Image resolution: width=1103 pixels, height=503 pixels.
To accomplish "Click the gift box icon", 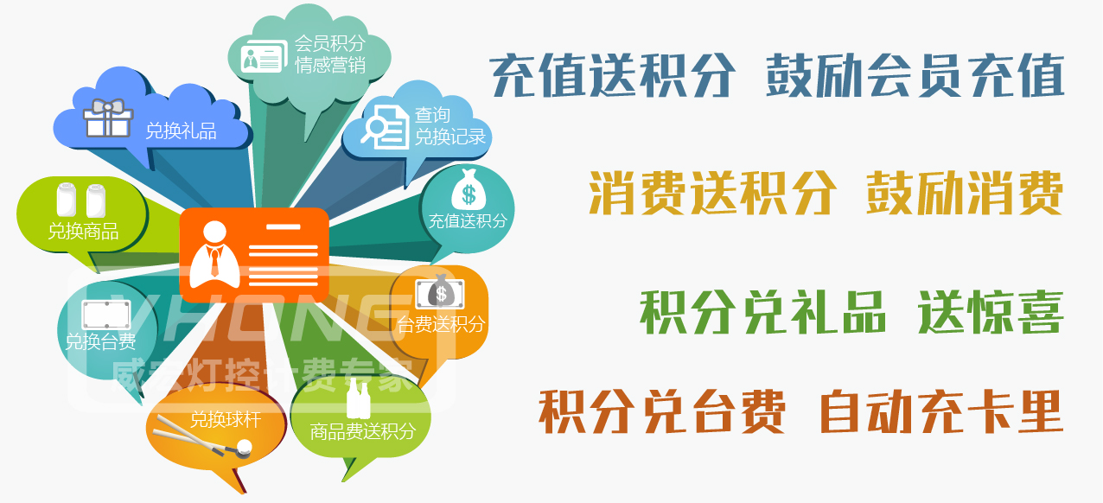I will click(x=108, y=118).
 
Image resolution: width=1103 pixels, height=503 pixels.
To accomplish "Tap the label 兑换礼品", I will click(x=181, y=131).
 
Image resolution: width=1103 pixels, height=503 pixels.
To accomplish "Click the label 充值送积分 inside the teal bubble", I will click(x=468, y=221).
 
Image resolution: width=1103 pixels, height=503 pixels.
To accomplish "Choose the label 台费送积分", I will click(x=442, y=325).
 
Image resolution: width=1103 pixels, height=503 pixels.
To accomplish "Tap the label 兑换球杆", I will click(x=226, y=421).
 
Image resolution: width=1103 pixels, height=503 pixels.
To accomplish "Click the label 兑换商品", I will click(x=83, y=232).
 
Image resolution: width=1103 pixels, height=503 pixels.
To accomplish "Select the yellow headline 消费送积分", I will click(x=712, y=192).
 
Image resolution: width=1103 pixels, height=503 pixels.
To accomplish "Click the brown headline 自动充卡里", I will click(x=940, y=411).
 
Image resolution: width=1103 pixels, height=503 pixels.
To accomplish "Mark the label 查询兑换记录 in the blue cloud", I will click(x=449, y=126).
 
